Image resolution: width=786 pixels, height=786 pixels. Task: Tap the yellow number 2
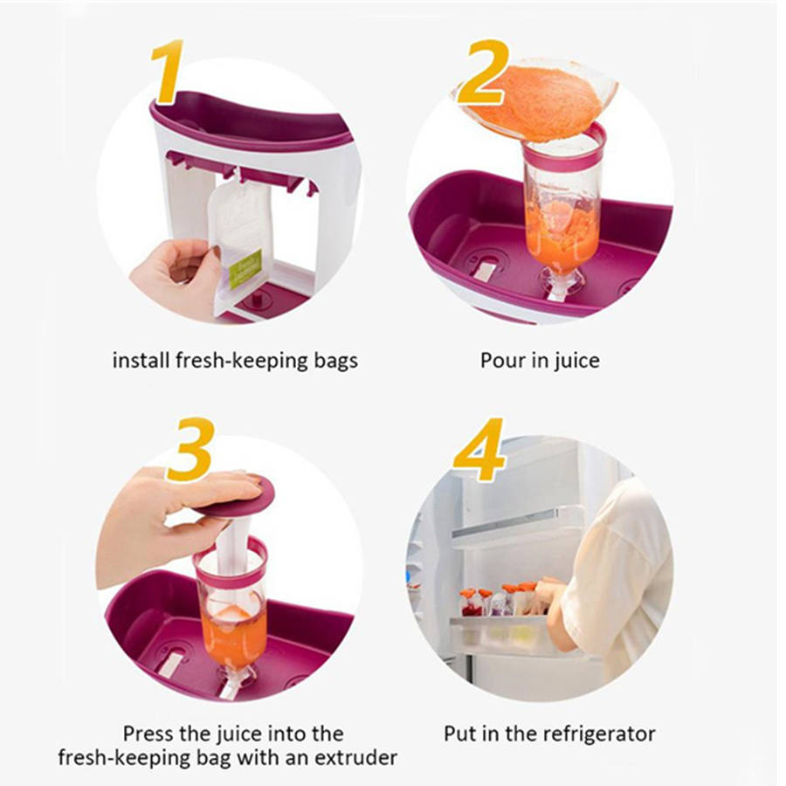(483, 72)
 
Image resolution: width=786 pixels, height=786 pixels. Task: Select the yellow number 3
(191, 450)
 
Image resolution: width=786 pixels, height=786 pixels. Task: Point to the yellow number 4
(479, 449)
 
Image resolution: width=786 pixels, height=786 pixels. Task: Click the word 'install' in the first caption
(141, 361)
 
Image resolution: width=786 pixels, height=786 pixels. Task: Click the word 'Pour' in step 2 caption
(502, 361)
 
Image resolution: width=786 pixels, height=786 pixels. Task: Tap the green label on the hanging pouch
(245, 269)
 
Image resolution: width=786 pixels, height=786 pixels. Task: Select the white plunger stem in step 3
(233, 547)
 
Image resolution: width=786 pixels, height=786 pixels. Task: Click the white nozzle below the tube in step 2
(560, 286)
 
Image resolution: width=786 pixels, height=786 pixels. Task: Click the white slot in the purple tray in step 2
(484, 272)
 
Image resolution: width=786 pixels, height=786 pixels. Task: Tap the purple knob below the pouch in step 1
(257, 300)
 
